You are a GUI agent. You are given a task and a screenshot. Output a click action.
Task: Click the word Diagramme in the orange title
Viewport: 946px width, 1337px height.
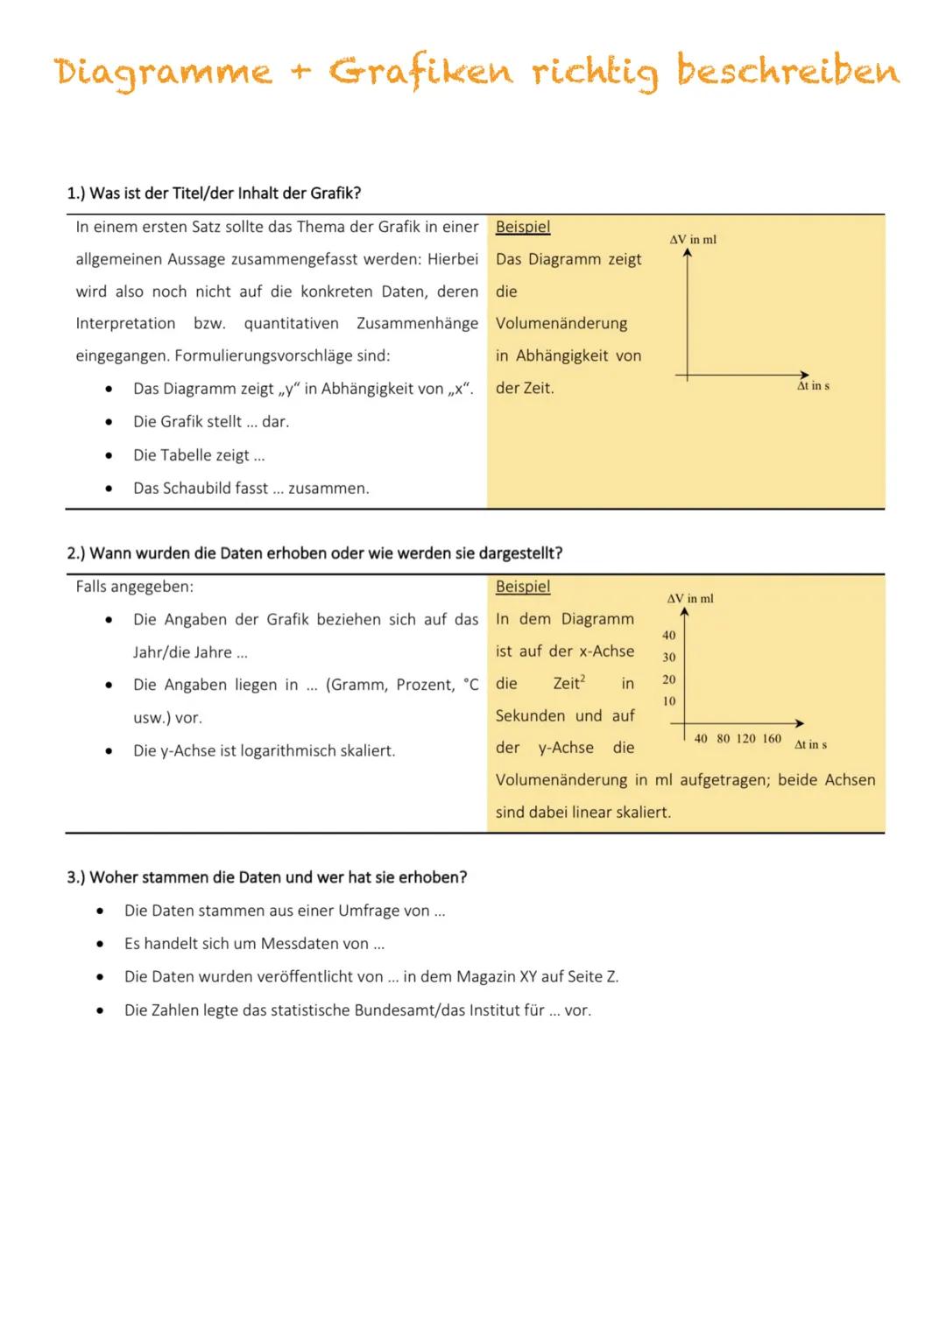(163, 72)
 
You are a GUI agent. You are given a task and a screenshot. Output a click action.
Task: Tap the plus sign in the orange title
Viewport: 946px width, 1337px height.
(300, 72)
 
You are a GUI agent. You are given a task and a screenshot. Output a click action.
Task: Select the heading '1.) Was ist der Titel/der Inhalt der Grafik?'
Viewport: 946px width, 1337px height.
(214, 194)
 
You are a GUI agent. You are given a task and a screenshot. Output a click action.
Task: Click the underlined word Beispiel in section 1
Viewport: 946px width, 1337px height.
(523, 227)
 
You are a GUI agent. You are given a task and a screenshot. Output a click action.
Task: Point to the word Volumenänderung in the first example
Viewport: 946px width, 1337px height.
(561, 324)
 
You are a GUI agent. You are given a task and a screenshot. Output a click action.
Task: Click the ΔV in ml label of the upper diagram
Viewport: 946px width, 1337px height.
(693, 239)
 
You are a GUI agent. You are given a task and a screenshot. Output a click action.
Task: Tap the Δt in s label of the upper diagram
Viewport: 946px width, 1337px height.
(813, 386)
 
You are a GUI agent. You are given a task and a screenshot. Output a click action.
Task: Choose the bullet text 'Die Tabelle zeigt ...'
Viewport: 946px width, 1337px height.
(199, 455)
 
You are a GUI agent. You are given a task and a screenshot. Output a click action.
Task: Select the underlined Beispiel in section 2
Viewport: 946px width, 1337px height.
(523, 587)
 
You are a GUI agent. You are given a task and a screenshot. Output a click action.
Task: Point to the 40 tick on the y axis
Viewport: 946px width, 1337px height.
(669, 635)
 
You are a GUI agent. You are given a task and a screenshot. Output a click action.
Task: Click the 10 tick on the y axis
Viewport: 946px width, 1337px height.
(669, 701)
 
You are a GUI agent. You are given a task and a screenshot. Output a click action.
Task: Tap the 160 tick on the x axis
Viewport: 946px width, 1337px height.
(772, 739)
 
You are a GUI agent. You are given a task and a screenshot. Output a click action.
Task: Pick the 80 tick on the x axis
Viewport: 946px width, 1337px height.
(724, 739)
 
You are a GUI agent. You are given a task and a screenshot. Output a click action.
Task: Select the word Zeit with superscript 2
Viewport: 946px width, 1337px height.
(568, 684)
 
